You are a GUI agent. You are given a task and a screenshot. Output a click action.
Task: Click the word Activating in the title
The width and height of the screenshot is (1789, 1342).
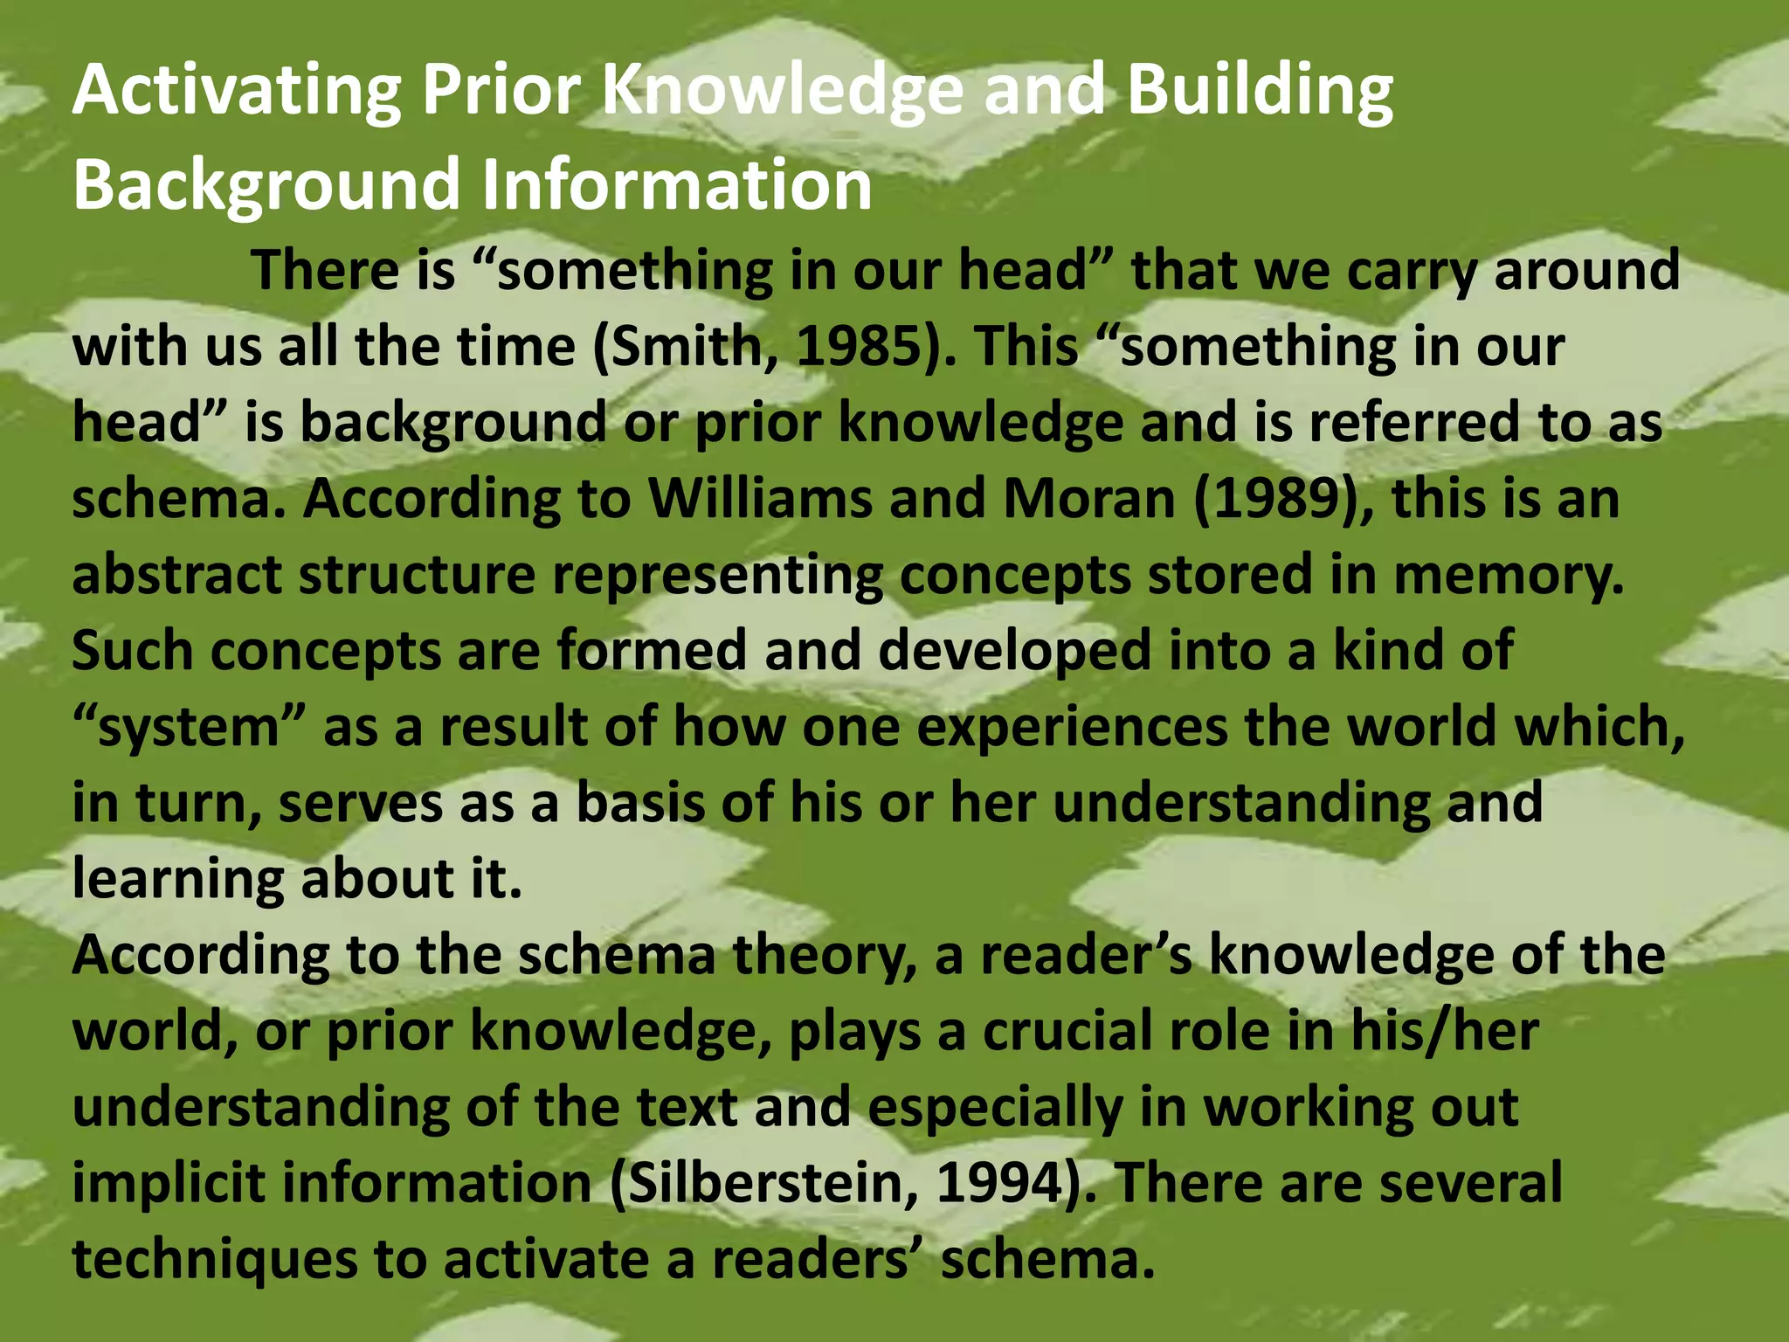coord(237,91)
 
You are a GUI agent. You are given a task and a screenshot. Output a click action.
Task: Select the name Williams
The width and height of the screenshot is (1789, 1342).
coord(760,499)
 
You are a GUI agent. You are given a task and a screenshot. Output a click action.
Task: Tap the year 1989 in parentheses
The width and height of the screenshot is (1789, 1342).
coord(1281,499)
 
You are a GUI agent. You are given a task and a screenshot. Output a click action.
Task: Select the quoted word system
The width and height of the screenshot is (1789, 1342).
coord(188,728)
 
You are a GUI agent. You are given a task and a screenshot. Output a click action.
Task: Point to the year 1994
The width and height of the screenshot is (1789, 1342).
coord(1001,1183)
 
